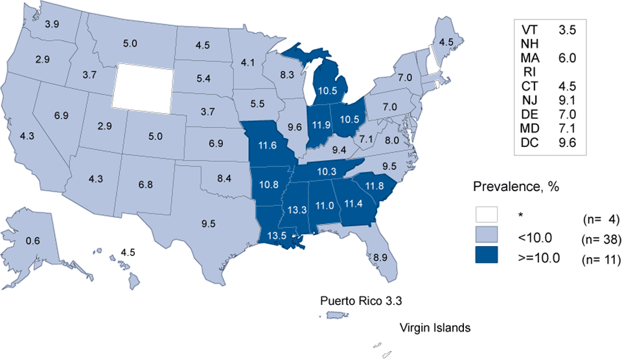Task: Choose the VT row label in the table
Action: (529, 29)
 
